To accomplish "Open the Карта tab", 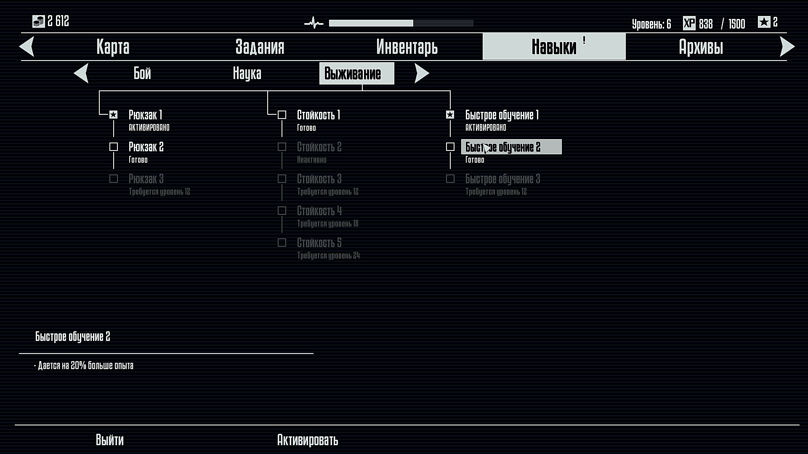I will [113, 47].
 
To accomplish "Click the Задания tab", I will [260, 47].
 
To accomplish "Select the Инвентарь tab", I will [407, 47].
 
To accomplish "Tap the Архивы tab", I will [701, 47].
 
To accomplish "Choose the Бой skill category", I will [142, 73].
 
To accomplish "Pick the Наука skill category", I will [247, 73].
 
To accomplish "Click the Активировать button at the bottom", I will [308, 440].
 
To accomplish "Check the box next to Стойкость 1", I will [282, 115].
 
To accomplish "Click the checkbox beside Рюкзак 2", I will [114, 147].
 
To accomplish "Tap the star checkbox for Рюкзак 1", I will [114, 115].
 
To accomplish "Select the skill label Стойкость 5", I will [319, 243].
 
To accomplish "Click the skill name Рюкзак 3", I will [146, 179].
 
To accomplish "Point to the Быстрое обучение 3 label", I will [502, 179].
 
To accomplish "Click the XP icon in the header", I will [689, 23].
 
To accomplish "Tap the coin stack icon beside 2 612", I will [39, 21].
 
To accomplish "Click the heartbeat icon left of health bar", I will [314, 23].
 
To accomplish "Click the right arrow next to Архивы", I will [787, 47].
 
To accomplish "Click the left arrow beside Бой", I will [81, 73].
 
